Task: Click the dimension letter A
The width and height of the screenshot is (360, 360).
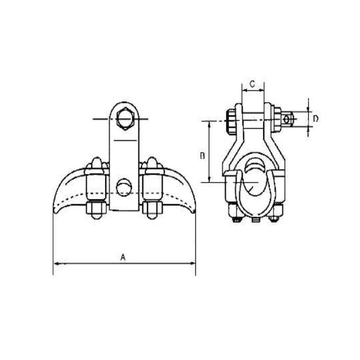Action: pos(122,257)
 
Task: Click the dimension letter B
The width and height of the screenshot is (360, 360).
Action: pos(202,155)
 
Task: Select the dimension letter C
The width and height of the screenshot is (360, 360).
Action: pos(252,84)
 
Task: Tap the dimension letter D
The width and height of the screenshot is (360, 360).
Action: pos(315,119)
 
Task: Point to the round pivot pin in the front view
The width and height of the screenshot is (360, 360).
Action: pos(123,187)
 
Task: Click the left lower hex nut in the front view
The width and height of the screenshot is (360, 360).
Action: pos(96,208)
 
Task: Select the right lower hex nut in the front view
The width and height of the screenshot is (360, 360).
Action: pos(153,208)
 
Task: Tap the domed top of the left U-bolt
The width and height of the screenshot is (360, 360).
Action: pos(96,162)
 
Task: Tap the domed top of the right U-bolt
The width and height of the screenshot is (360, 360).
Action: pos(153,162)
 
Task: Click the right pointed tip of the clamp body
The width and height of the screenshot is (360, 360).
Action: pos(194,211)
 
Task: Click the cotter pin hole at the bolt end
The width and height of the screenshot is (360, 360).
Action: pos(287,119)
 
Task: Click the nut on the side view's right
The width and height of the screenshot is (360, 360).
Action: pos(277,119)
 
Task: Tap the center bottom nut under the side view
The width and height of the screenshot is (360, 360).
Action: pos(256,220)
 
